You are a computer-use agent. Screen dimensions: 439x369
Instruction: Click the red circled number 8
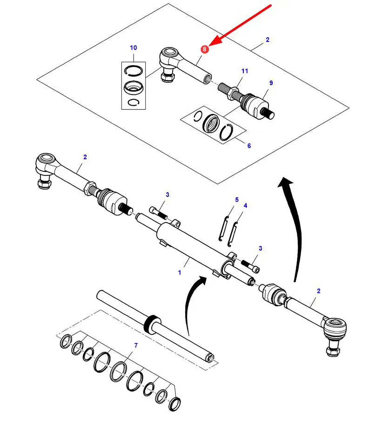coord(204,49)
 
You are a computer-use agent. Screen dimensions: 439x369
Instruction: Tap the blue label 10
coord(134,47)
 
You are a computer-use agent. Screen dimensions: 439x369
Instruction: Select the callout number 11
coord(245,71)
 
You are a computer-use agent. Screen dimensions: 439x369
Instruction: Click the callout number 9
coord(271,83)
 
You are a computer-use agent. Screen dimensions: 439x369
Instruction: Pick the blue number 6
coord(249,146)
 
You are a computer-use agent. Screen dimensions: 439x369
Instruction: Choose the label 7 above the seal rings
coord(136,345)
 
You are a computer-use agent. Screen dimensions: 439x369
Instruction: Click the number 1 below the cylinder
coord(180,272)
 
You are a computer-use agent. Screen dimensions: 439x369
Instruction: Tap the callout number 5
coord(236,200)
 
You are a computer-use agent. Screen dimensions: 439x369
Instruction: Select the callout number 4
coord(245,205)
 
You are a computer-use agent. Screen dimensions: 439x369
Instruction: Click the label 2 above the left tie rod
coord(85,157)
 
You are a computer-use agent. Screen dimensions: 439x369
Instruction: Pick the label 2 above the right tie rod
coord(318,291)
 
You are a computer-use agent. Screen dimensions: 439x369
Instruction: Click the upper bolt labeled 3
coord(158,212)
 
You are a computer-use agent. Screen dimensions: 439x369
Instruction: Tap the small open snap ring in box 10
coord(133,103)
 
